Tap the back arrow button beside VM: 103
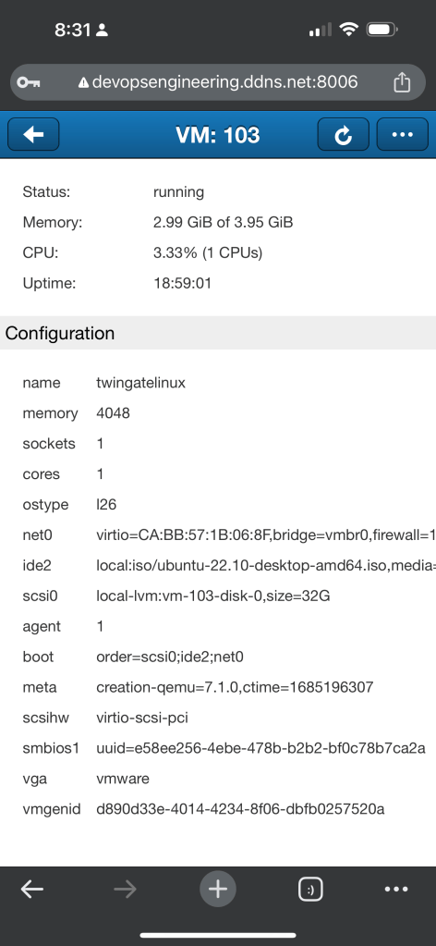pyautogui.click(x=33, y=134)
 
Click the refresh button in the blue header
pyautogui.click(x=343, y=134)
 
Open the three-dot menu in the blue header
pyautogui.click(x=402, y=134)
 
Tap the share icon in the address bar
pyautogui.click(x=402, y=81)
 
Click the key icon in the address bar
pyautogui.click(x=29, y=82)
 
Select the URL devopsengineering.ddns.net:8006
pyautogui.click(x=224, y=82)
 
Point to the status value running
pyautogui.click(x=178, y=191)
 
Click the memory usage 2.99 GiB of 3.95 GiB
pyautogui.click(x=224, y=223)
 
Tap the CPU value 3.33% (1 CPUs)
pyautogui.click(x=208, y=252)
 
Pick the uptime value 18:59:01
pyautogui.click(x=182, y=283)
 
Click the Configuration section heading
pyautogui.click(x=60, y=333)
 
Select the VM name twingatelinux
pyautogui.click(x=140, y=383)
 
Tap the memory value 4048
pyautogui.click(x=113, y=413)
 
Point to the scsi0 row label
pyautogui.click(x=40, y=596)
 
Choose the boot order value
pyautogui.click(x=170, y=657)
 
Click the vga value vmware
pyautogui.click(x=123, y=779)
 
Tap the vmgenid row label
pyautogui.click(x=51, y=809)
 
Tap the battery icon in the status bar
pyautogui.click(x=381, y=29)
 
